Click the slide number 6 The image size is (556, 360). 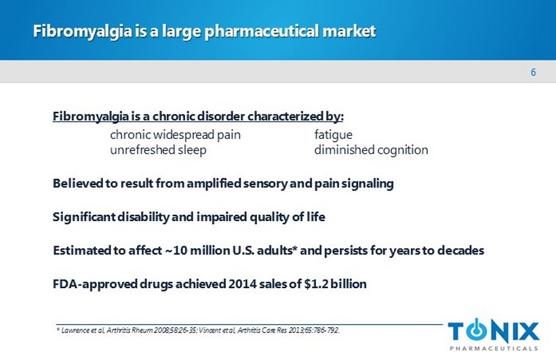pyautogui.click(x=533, y=73)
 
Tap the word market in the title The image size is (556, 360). pyautogui.click(x=349, y=31)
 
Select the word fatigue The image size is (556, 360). pyautogui.click(x=334, y=135)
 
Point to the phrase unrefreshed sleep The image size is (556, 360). pyautogui.click(x=158, y=150)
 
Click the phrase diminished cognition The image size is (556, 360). pyautogui.click(x=371, y=150)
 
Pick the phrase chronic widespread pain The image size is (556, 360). pyautogui.click(x=175, y=135)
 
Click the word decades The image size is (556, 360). pyautogui.click(x=460, y=250)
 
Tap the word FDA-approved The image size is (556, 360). pyautogui.click(x=95, y=284)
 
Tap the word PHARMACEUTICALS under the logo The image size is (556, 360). pyautogui.click(x=494, y=348)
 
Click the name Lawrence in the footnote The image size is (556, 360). pyautogui.click(x=75, y=331)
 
